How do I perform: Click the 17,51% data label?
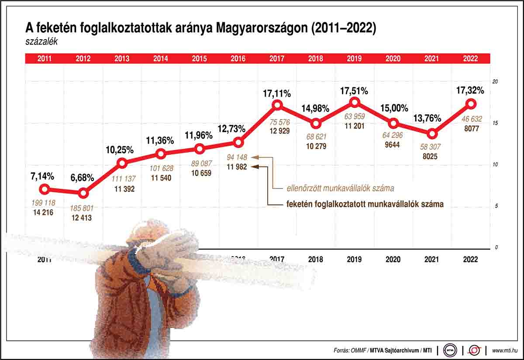coord(354,91)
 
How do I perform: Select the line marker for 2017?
coord(277,105)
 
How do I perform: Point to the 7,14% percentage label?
coord(42,177)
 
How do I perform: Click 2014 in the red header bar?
coord(160,58)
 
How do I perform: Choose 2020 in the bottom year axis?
coord(393,259)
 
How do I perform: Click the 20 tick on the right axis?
coord(495,82)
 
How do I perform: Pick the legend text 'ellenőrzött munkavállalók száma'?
coord(340,189)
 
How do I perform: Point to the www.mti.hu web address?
coord(505,350)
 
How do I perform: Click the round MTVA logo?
coord(450,350)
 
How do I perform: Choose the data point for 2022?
coord(470,104)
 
